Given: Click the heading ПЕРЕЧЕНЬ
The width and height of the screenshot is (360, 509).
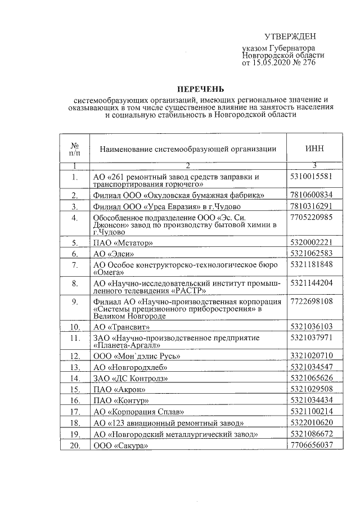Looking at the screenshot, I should (x=200, y=89).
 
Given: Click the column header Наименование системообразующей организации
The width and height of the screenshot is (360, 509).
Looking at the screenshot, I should (x=188, y=148).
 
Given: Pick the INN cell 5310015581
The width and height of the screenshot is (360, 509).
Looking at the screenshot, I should (x=312, y=176).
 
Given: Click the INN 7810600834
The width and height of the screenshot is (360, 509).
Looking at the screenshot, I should (x=312, y=195).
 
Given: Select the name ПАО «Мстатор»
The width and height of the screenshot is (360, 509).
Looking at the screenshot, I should (x=123, y=243).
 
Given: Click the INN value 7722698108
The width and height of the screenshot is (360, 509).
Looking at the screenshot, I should (x=312, y=301).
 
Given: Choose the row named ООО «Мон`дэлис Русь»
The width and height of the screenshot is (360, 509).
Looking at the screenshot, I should (x=137, y=356).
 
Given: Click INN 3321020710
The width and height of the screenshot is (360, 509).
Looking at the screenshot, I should (x=312, y=355).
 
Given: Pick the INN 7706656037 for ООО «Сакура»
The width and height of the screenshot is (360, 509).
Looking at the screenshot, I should (x=312, y=445).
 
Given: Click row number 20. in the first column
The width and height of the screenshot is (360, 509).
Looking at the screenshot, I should (x=74, y=445).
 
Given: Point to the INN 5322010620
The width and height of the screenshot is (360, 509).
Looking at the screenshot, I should (x=312, y=422).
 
